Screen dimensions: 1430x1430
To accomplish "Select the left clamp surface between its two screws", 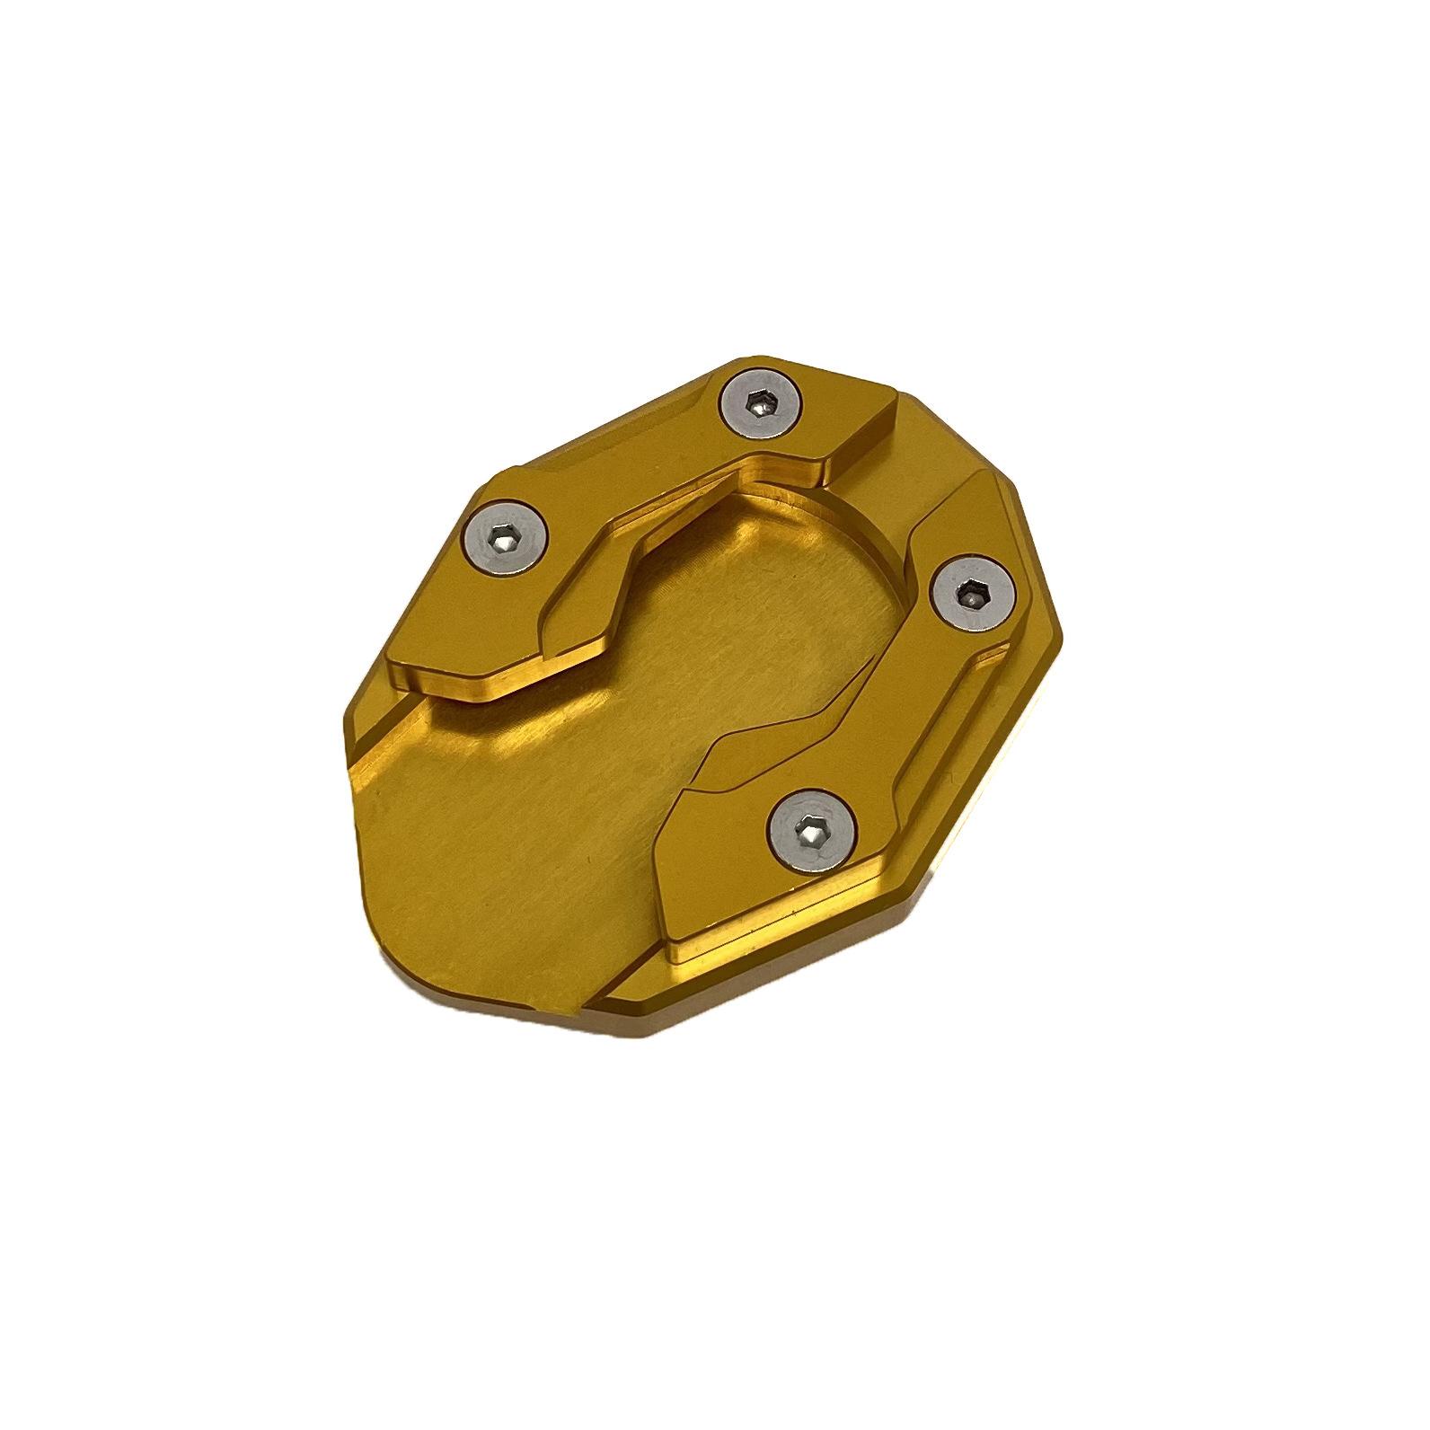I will [629, 467].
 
